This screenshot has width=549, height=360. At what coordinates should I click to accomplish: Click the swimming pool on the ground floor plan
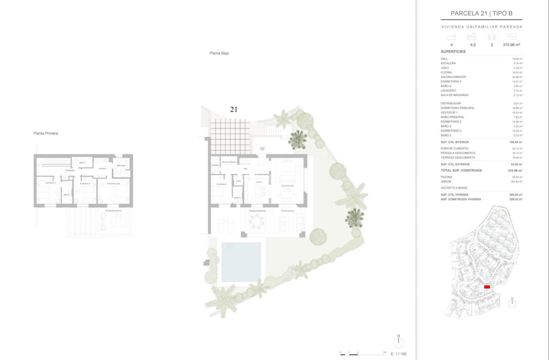[241, 262]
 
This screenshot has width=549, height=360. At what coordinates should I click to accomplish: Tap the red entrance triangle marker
[262, 149]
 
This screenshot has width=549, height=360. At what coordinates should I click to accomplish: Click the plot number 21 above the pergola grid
[234, 109]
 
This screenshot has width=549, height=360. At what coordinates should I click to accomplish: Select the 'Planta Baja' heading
[219, 53]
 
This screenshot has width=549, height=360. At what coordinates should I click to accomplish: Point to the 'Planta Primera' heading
[46, 133]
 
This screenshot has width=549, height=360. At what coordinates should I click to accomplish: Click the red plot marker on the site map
[487, 287]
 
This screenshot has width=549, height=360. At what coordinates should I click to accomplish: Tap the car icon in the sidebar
[492, 37]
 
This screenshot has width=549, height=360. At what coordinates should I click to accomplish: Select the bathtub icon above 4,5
[472, 37]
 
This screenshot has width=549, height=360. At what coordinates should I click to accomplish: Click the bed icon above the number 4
[451, 37]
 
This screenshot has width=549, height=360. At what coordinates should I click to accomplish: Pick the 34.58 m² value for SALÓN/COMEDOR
[517, 77]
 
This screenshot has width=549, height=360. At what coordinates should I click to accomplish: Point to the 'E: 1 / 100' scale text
[398, 354]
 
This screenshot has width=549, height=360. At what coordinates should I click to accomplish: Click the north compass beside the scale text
[399, 341]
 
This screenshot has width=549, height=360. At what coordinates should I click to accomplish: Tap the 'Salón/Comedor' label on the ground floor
[287, 186]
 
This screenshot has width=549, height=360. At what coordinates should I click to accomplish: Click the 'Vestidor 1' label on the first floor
[103, 168]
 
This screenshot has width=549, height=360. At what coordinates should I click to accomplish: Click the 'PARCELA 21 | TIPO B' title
[481, 13]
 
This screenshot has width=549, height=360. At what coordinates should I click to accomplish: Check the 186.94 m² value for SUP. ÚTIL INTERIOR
[516, 142]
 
